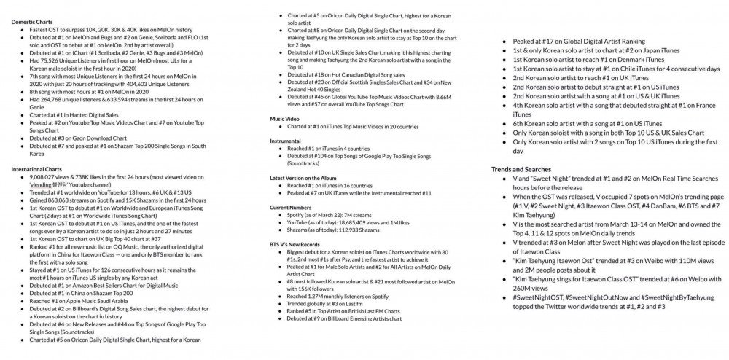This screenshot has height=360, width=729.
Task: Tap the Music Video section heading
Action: click(x=285, y=118)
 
